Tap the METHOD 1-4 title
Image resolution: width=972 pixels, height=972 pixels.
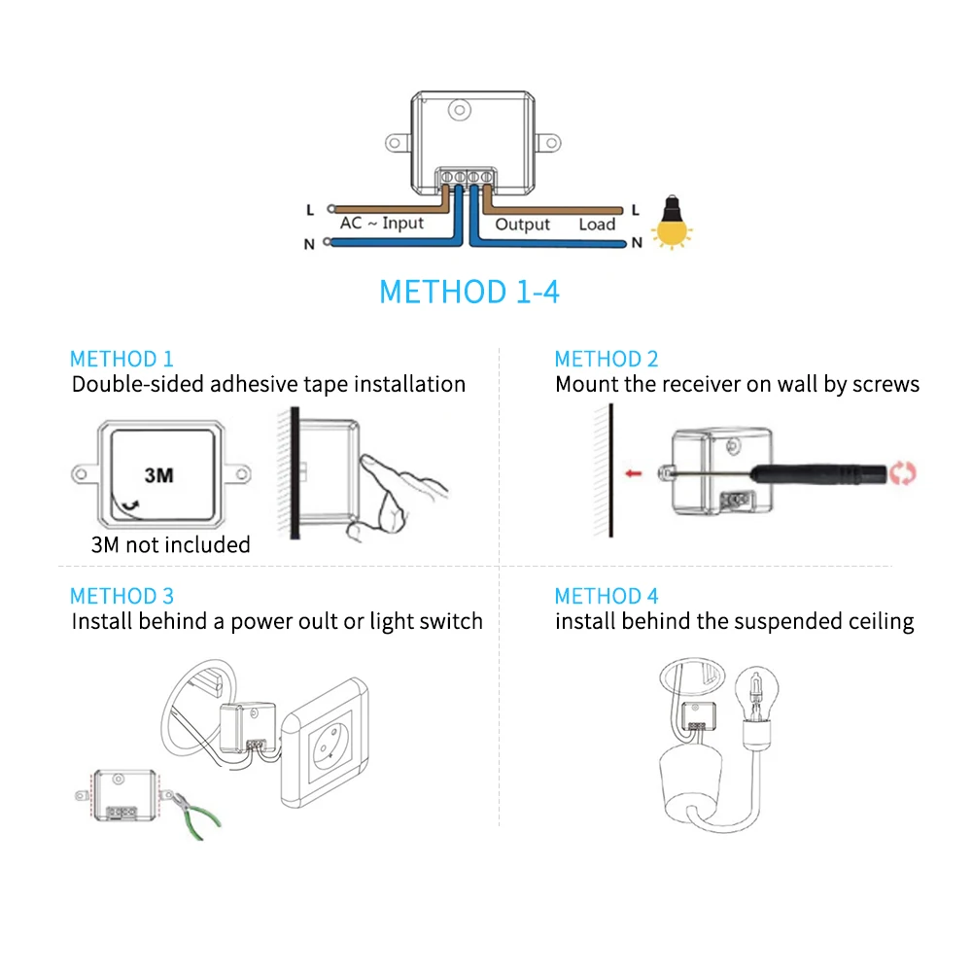[x=469, y=292]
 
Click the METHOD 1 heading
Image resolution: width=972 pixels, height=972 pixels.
[x=121, y=359]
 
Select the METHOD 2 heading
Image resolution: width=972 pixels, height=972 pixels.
[x=607, y=359]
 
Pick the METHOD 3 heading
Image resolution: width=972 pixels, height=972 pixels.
[x=121, y=596]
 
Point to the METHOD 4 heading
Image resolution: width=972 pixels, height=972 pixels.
[x=607, y=596]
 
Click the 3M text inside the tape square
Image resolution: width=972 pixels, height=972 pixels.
[x=158, y=475]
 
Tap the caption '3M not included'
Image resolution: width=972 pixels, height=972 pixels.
[x=170, y=544]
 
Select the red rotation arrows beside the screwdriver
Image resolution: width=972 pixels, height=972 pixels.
[x=904, y=473]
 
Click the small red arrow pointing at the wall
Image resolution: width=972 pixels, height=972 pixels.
[x=634, y=473]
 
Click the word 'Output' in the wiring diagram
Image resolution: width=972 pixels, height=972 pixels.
[x=522, y=225]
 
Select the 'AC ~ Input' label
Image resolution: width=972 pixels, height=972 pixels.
[x=382, y=224]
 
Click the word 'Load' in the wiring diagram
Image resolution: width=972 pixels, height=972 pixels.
[x=597, y=225]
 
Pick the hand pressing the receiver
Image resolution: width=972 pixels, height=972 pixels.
[x=399, y=491]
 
